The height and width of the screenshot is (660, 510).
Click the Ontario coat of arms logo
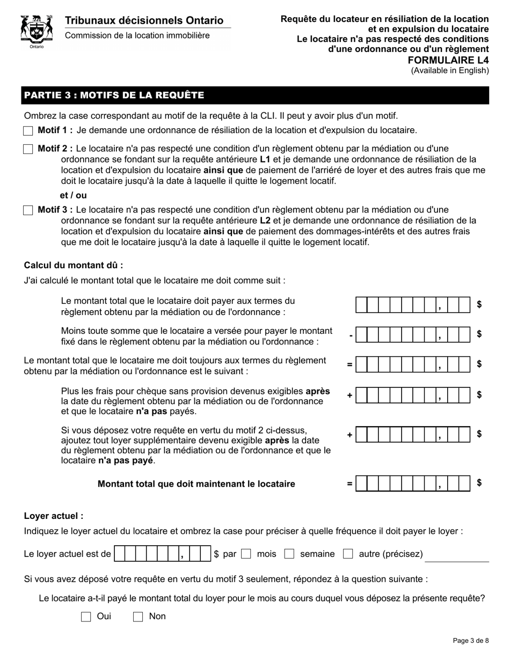coord(37,31)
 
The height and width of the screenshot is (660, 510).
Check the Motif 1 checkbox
coord(28,130)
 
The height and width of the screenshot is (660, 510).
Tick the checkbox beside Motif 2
coord(28,149)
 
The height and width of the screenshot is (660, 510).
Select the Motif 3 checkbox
coord(28,210)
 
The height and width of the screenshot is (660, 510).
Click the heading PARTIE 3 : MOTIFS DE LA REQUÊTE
coord(114,96)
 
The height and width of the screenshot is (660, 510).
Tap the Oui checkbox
coord(86,617)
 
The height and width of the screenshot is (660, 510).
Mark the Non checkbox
coord(138,617)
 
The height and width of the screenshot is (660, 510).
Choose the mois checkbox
coord(246,554)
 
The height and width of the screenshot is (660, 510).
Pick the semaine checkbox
coord(289,554)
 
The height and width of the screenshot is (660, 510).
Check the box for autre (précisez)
coord(348,554)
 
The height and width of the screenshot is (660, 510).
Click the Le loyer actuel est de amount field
coord(162,554)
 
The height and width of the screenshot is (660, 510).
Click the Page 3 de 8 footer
coord(471,640)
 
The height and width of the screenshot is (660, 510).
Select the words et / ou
coord(73,196)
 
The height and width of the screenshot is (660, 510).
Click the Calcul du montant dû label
coord(74,265)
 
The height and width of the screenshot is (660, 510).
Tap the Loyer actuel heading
coord(54,516)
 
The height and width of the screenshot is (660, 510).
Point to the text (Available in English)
coord(450,70)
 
